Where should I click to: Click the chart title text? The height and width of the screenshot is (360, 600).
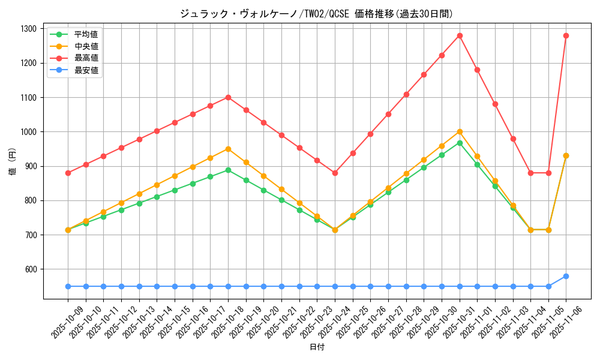coord(317,13)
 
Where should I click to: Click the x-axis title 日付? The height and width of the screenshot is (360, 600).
coord(317,347)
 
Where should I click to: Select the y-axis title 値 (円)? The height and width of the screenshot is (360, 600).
coord(13,163)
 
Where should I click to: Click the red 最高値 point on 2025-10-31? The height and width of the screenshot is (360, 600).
coord(460,35)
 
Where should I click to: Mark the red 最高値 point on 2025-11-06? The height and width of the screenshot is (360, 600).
coord(566,35)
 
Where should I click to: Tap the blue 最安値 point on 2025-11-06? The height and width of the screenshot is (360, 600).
coord(566,276)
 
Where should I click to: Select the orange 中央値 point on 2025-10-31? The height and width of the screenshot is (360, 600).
coord(460,131)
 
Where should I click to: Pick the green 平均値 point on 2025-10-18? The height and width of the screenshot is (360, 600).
coord(228,170)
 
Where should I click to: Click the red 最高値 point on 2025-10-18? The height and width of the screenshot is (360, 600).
coord(228,97)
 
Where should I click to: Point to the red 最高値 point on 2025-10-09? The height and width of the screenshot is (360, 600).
coord(68,173)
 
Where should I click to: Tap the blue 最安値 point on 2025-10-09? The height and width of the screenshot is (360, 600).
coord(68,286)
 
